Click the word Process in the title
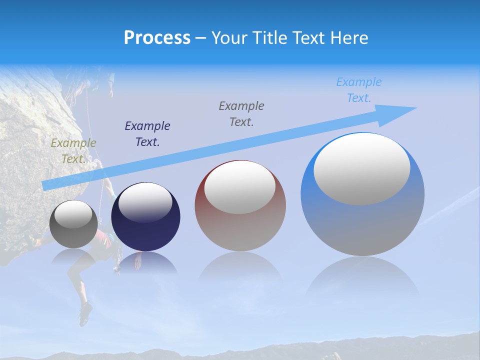(x=157, y=38)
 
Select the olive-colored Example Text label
(x=73, y=151)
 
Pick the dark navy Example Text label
(x=147, y=134)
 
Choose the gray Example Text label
(x=241, y=113)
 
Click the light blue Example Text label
(x=359, y=90)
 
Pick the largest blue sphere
(x=362, y=225)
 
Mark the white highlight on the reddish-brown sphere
(x=240, y=187)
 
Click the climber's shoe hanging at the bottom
(x=85, y=312)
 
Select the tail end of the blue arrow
(x=46, y=185)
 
